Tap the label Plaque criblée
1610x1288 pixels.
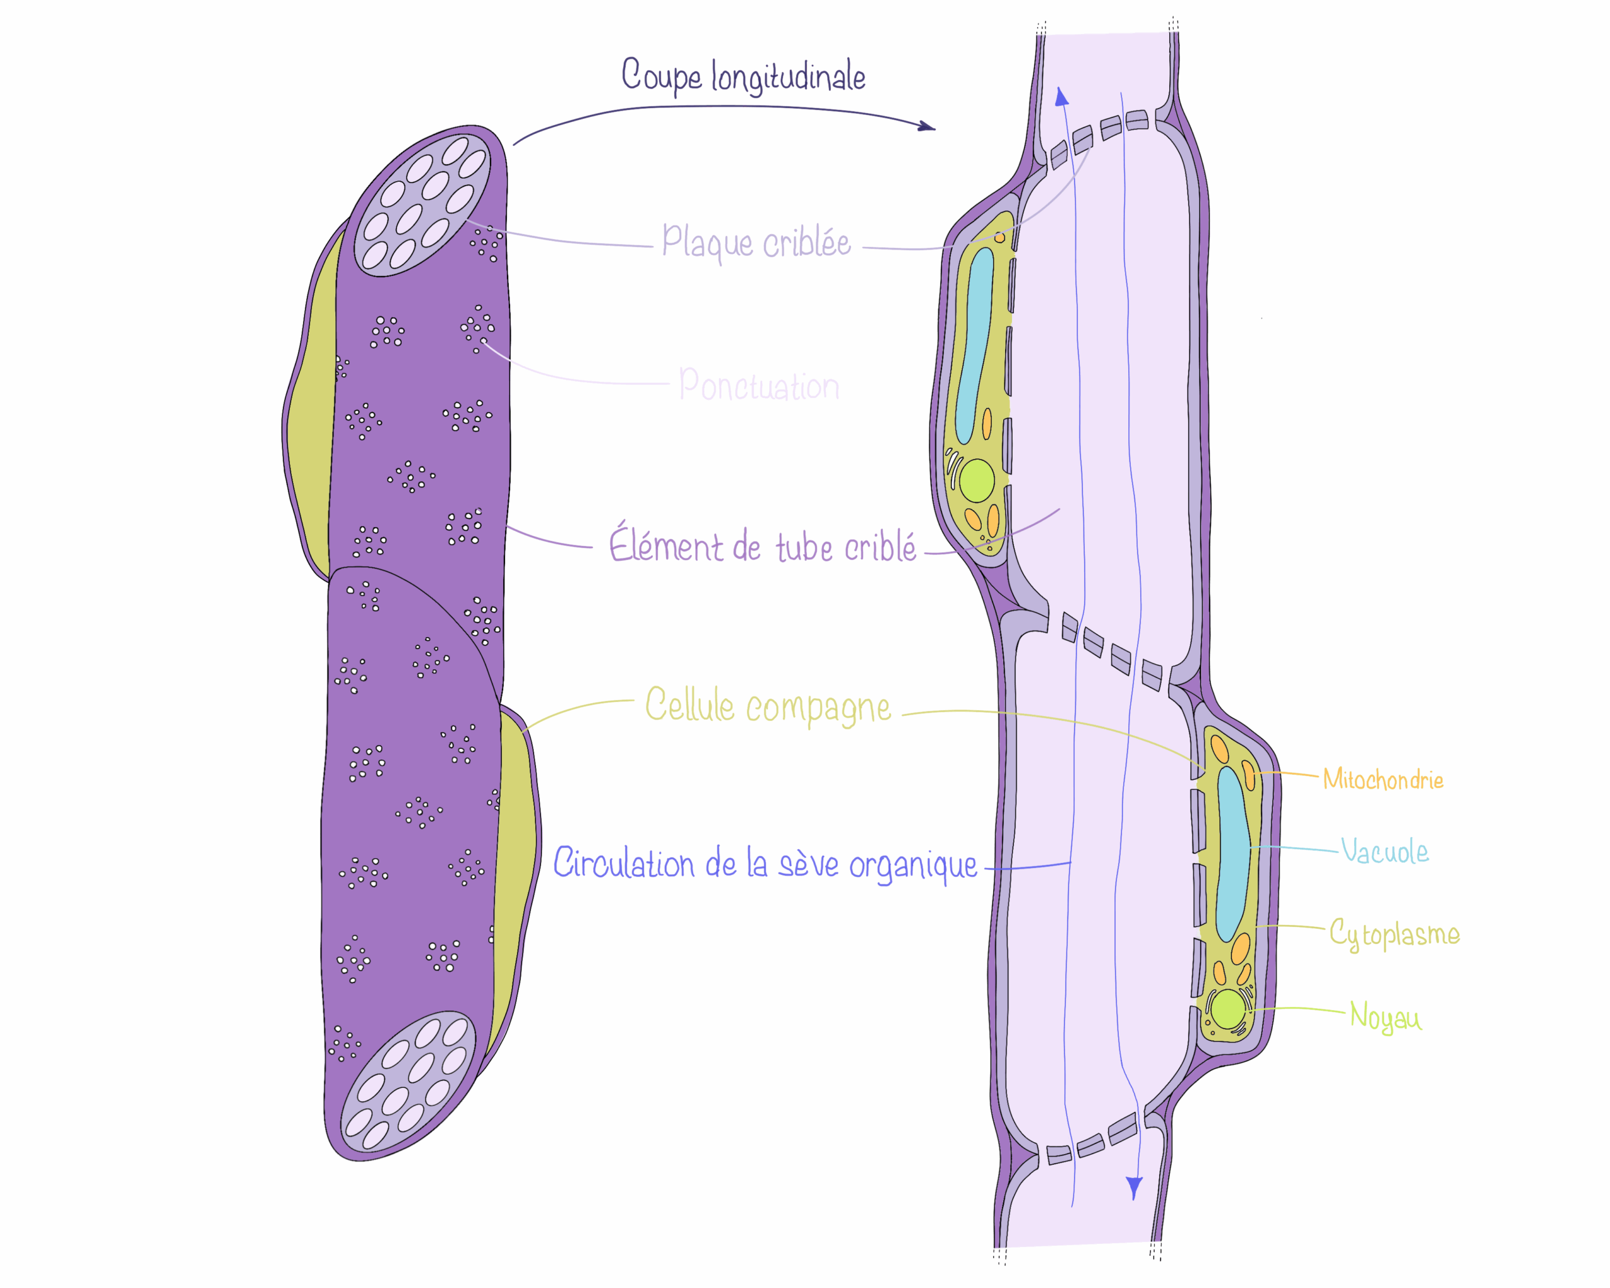(x=756, y=242)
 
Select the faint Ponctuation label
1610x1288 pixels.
(x=758, y=386)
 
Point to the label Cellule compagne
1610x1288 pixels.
(x=768, y=706)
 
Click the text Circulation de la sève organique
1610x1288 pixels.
(x=765, y=864)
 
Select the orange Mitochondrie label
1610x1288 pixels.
(x=1382, y=779)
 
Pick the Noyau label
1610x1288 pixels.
(x=1385, y=1017)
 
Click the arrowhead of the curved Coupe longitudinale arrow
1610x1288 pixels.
(x=928, y=127)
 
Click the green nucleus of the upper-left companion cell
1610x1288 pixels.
(x=976, y=480)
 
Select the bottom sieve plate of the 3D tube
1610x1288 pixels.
(x=408, y=1080)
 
